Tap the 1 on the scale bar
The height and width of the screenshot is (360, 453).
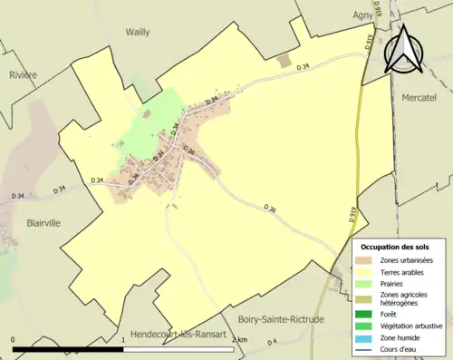coord(123,340)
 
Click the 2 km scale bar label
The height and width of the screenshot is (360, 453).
coord(238,340)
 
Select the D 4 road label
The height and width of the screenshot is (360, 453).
coord(274,342)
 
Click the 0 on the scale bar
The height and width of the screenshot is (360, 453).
coord(13,340)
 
